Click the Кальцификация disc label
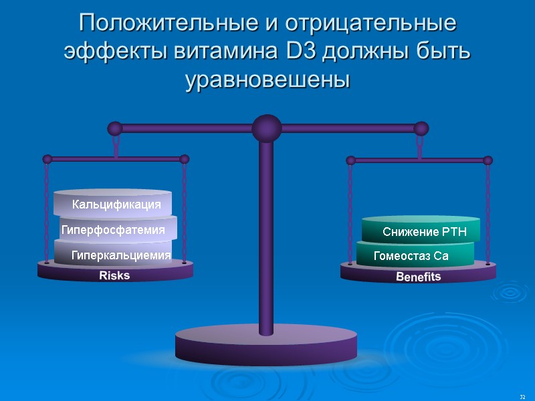[x=116, y=205]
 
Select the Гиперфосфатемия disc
[x=113, y=230]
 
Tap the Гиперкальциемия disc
[x=121, y=255]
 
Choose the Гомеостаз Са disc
[x=411, y=256]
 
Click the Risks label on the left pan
[x=114, y=275]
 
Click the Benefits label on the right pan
[x=418, y=277]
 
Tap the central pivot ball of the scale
[x=266, y=128]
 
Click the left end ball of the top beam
[x=115, y=128]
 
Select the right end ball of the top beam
[x=421, y=128]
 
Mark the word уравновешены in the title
[x=267, y=80]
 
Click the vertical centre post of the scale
[x=266, y=234]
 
